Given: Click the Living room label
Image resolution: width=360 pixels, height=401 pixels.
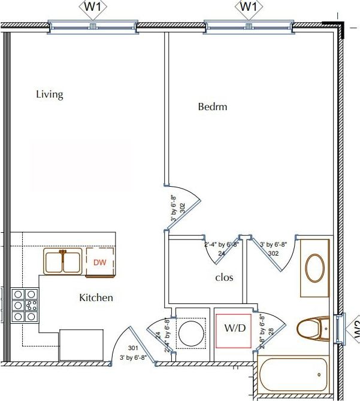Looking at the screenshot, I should click(x=49, y=95).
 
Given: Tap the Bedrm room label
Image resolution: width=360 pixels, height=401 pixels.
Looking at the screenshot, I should click(x=213, y=107).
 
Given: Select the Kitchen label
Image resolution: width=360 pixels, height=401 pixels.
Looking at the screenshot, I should click(x=96, y=297).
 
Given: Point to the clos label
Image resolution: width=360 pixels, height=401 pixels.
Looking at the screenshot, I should click(x=224, y=278).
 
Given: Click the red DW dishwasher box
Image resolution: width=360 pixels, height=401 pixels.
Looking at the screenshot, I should click(x=99, y=262).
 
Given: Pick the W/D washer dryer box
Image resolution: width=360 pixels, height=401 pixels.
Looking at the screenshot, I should click(x=234, y=329).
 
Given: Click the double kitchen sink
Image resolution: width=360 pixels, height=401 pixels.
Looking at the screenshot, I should click(x=62, y=262).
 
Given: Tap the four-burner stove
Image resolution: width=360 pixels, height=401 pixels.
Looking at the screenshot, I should click(x=25, y=305).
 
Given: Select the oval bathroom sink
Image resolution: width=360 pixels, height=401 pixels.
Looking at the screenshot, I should click(x=315, y=268).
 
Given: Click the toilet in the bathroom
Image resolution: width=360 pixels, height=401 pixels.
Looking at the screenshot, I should click(x=313, y=329).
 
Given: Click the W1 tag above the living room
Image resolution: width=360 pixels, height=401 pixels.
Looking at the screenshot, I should click(x=92, y=7).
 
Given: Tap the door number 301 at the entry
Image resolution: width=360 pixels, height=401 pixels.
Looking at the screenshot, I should click(x=133, y=348).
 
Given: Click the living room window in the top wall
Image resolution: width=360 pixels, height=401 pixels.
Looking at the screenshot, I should click(x=92, y=26).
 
